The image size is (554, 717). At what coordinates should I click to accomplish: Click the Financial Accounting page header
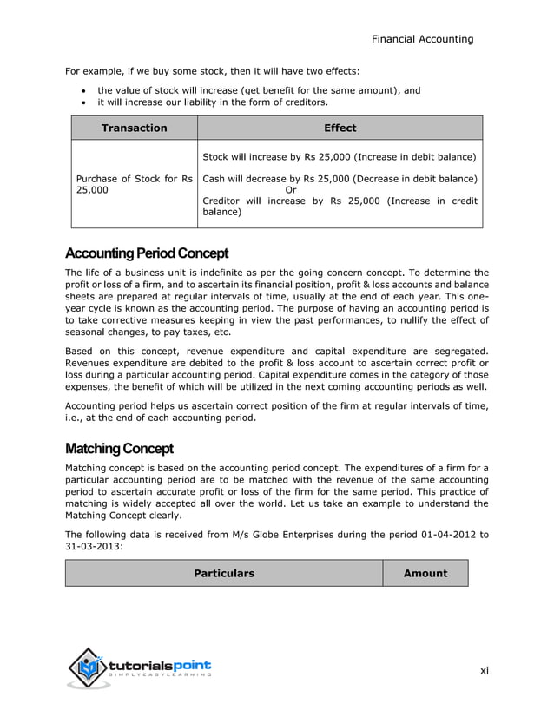pos(422,38)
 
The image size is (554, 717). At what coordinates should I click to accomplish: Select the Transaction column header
pos(134,128)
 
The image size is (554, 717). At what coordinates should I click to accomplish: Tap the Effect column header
pos(340,128)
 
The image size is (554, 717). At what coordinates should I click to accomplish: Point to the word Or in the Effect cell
pos(291,190)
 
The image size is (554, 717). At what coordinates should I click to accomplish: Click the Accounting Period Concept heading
pos(146,253)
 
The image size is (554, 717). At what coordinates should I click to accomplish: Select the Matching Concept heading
pos(119,449)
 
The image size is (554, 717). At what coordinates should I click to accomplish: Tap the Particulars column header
pos(223,573)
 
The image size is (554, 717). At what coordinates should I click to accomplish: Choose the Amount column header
pos(425,573)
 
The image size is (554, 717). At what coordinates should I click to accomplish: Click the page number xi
pos(485,670)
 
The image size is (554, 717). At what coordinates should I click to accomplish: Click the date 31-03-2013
pos(94,547)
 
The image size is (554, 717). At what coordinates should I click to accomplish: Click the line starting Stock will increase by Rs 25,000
pos(340,157)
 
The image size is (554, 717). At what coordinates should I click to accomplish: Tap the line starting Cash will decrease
pos(340,179)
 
